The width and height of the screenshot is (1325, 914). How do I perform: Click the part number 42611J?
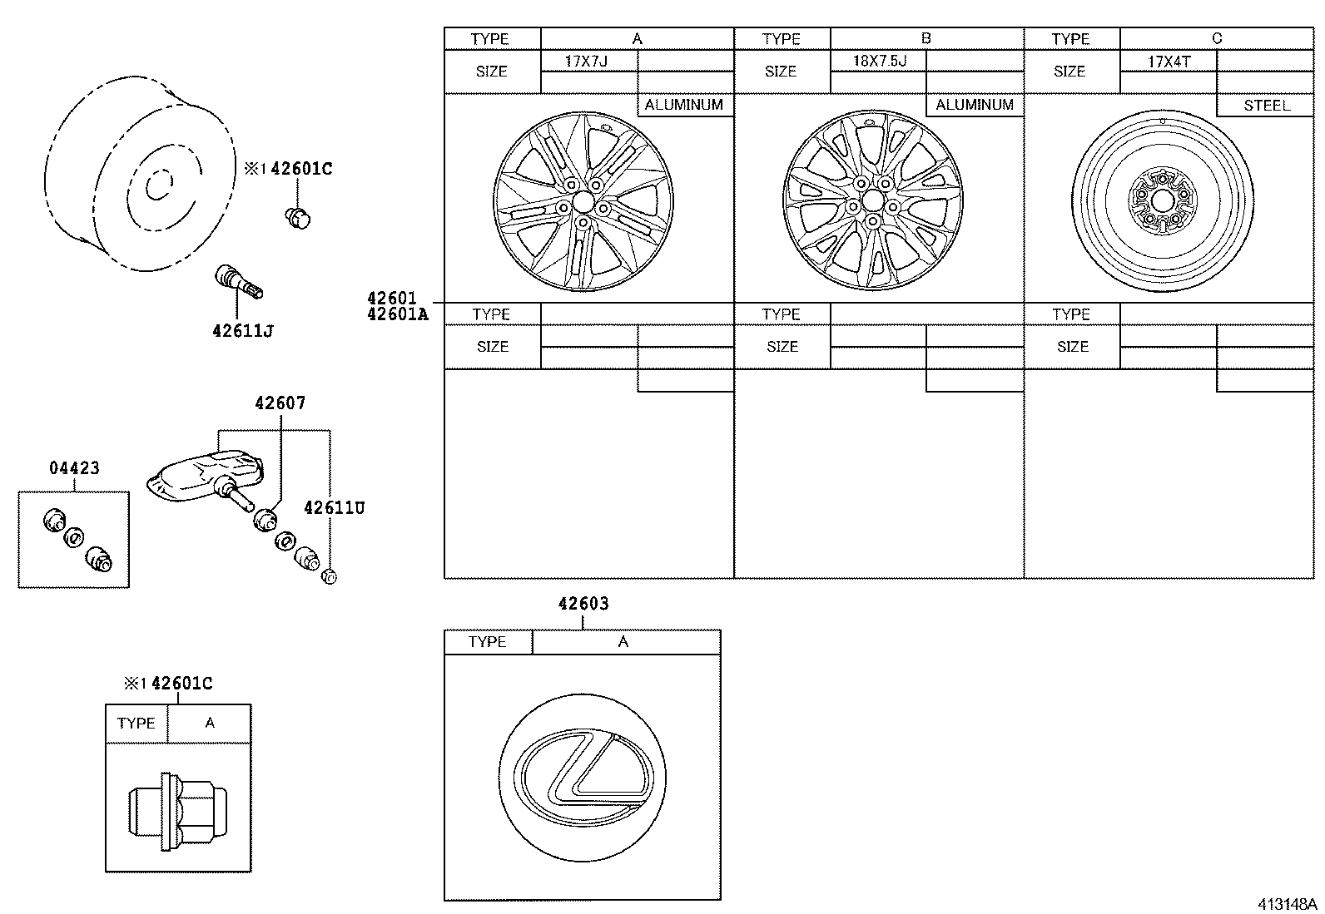[x=243, y=330]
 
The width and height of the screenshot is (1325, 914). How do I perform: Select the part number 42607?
[x=280, y=403]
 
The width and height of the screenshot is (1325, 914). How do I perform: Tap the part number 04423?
[x=74, y=468]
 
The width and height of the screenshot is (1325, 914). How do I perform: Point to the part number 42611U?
[x=334, y=507]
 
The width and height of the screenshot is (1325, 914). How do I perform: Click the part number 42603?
[x=583, y=604]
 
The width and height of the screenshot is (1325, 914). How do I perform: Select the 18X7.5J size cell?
[x=878, y=61]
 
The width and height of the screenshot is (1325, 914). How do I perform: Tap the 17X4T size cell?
[x=1168, y=61]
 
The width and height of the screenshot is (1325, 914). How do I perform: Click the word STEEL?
[x=1266, y=106]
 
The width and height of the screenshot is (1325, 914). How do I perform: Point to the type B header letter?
[x=926, y=38]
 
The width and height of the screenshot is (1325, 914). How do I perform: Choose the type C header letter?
[x=1217, y=38]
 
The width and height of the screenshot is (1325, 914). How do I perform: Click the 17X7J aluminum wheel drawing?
[x=581, y=200]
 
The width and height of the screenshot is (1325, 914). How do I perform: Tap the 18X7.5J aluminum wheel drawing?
[x=871, y=200]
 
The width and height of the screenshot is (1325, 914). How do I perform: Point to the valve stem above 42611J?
[x=238, y=282]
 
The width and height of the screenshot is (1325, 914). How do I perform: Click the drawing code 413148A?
[x=1287, y=904]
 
